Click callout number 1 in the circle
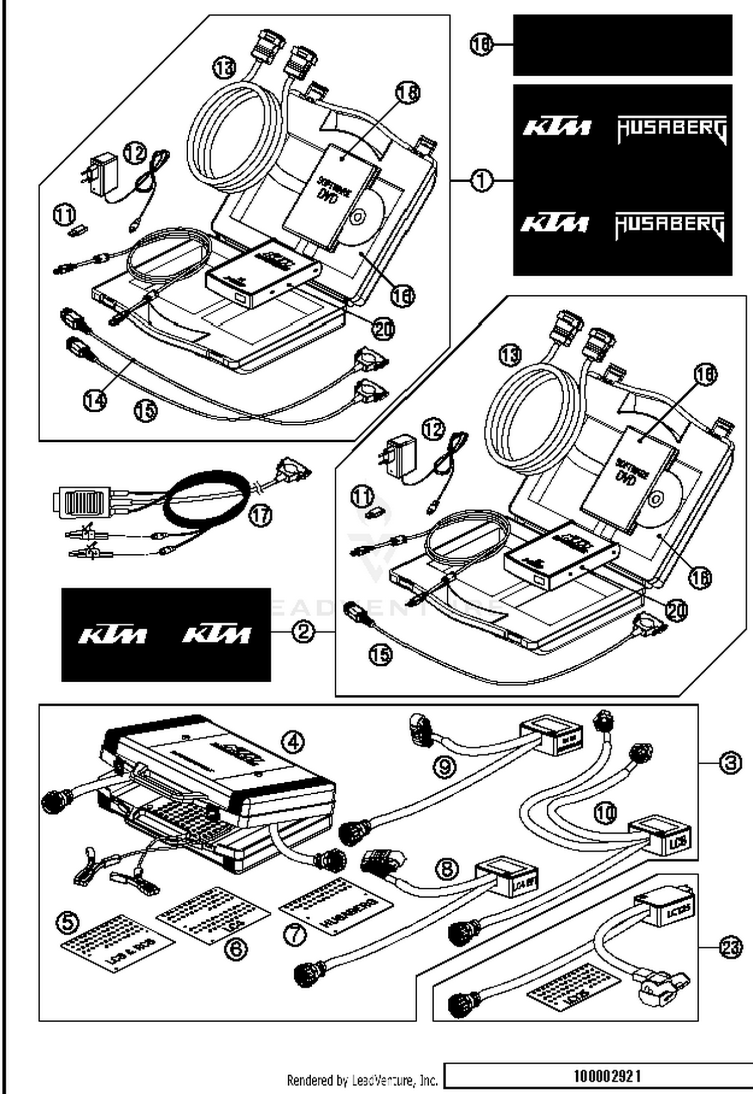(482, 180)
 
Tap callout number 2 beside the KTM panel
(303, 631)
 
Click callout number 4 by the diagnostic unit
(293, 741)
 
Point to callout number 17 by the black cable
(261, 515)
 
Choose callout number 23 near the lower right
(730, 948)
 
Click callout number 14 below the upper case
(95, 400)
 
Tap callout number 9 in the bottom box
(444, 767)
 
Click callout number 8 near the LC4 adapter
(447, 869)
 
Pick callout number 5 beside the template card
(68, 922)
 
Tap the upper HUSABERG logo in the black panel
(672, 130)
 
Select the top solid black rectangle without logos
(622, 45)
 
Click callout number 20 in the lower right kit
(676, 610)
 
